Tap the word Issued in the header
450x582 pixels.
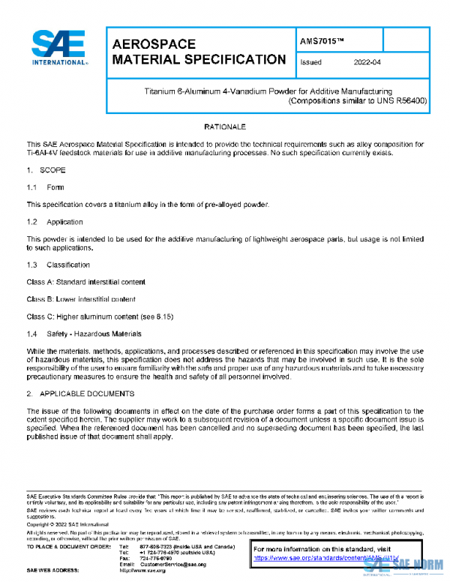[x=311, y=63]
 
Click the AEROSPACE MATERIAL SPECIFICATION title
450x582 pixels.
[x=198, y=52]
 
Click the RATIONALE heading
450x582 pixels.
[x=225, y=128]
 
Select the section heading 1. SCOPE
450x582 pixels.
[x=46, y=171]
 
